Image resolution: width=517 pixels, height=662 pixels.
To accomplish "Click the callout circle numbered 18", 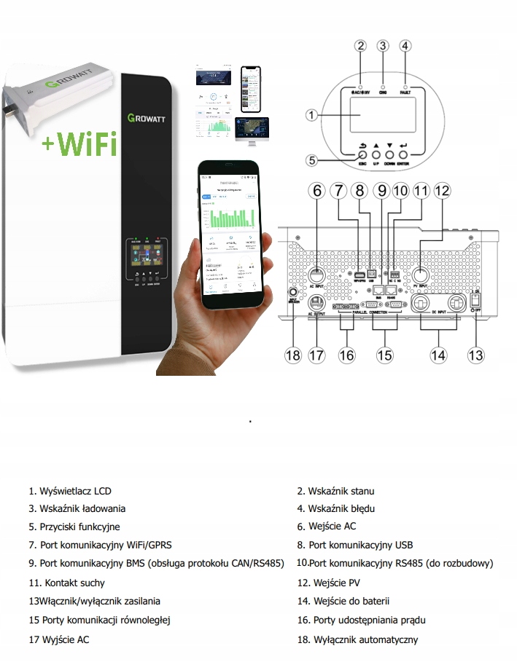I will click(293, 355).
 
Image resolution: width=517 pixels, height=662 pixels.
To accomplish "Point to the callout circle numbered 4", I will click(405, 45).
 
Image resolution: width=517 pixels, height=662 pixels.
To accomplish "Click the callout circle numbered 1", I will click(311, 115).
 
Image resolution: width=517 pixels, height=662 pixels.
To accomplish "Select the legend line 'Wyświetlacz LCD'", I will click(70, 492).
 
